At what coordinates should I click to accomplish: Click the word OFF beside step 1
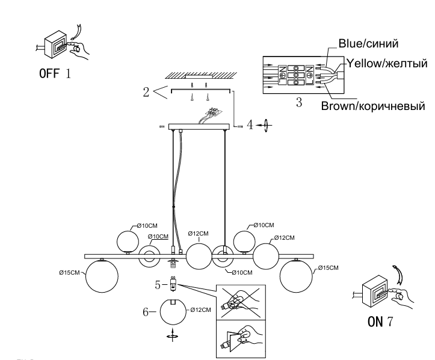pyautogui.click(x=49, y=75)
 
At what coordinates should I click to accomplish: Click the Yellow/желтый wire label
pyautogui.click(x=384, y=63)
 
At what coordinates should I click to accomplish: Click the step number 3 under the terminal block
pyautogui.click(x=298, y=103)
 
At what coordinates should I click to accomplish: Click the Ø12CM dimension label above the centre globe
pyautogui.click(x=198, y=233)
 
